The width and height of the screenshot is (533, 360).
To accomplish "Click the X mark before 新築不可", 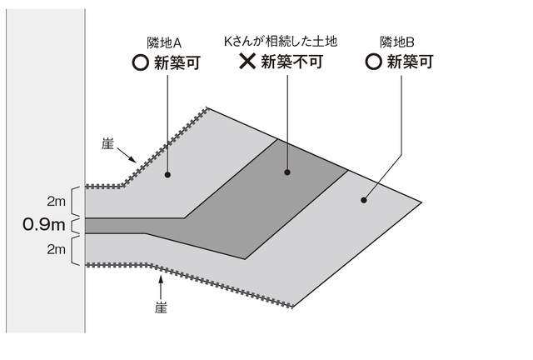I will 247,61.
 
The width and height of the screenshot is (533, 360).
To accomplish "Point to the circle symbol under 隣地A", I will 141,62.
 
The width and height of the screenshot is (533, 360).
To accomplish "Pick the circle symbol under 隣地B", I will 374,62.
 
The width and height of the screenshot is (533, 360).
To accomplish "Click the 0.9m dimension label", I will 44,225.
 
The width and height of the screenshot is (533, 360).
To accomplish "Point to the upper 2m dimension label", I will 56,201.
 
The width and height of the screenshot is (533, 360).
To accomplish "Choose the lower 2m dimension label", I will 56,248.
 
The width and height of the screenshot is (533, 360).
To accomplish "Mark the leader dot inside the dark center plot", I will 286,172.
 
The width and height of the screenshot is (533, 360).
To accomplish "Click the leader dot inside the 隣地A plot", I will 168,175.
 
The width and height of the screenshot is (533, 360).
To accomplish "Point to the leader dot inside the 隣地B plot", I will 363,199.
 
